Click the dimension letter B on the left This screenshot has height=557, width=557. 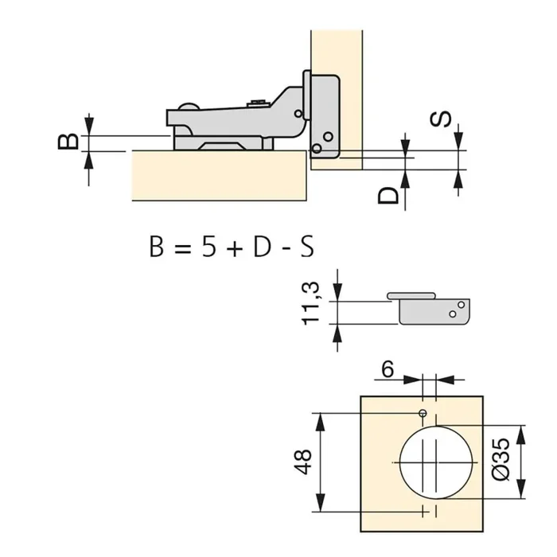[70, 142]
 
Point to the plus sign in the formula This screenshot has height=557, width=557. [234, 248]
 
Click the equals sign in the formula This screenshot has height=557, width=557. [181, 248]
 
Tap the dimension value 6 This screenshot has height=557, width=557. [388, 369]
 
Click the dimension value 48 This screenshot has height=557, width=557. [302, 461]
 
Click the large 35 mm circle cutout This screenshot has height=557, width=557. [436, 461]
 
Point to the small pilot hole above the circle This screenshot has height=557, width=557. [423, 413]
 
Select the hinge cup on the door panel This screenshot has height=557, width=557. [322, 115]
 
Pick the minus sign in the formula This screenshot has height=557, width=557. [286, 248]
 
